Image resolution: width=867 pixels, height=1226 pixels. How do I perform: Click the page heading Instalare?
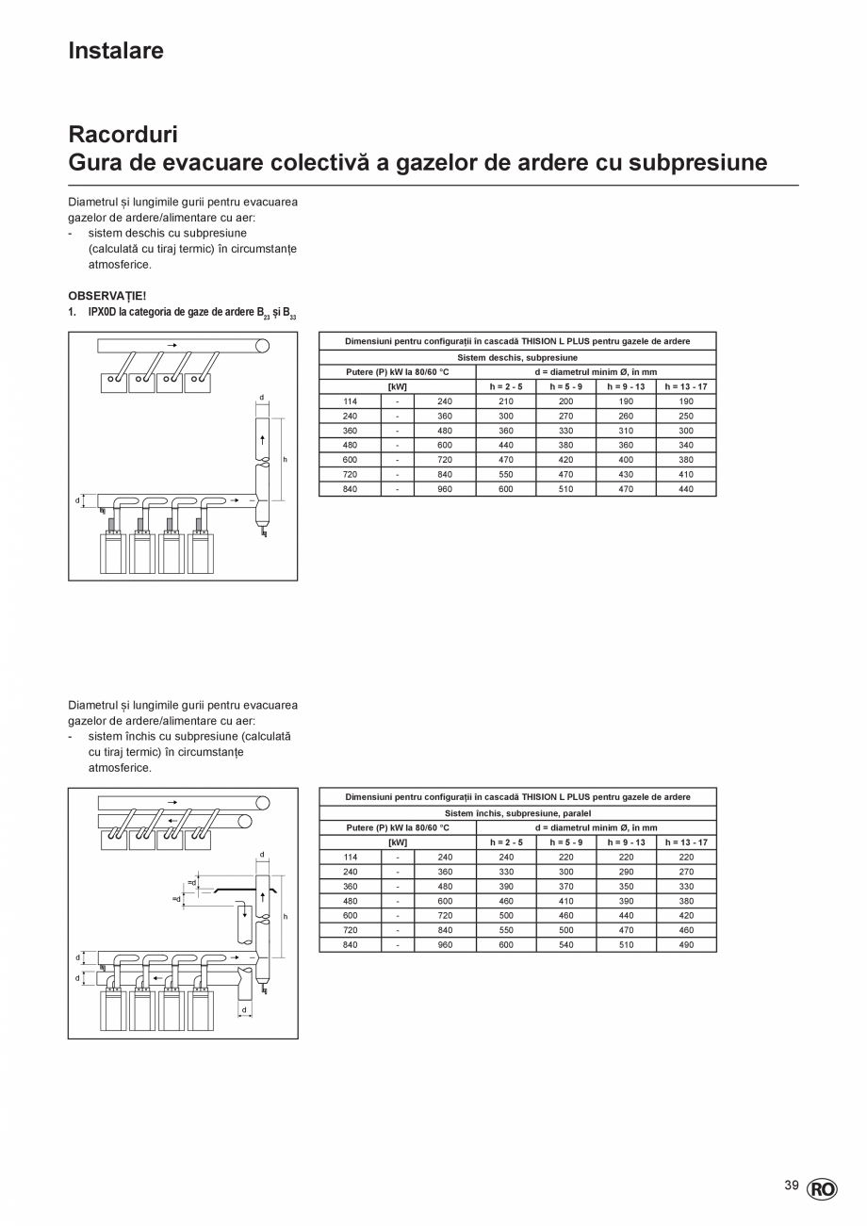point(116,50)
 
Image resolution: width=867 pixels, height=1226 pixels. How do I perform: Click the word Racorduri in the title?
point(123,135)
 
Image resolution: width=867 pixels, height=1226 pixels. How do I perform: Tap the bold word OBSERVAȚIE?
point(107,296)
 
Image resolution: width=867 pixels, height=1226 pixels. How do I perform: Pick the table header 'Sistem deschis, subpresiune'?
point(517,358)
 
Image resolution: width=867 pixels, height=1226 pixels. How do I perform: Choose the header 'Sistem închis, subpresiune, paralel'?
point(517,813)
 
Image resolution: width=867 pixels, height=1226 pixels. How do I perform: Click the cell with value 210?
point(506,401)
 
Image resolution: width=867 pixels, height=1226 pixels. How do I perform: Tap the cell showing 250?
point(686,416)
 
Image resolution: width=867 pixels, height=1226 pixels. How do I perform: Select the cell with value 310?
point(626,431)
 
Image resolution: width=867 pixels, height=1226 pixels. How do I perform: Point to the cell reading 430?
point(626,475)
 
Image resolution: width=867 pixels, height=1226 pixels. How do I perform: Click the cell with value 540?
point(566,944)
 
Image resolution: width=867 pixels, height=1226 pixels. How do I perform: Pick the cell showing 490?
point(686,944)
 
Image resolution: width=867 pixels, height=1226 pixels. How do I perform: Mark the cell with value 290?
point(626,872)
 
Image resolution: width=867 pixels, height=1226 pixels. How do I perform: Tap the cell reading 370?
point(566,887)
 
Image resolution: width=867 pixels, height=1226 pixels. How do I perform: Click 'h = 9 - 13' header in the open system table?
point(626,387)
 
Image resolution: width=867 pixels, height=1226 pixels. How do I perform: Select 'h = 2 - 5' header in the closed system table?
point(506,842)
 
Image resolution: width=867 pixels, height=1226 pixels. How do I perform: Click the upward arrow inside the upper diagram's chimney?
point(263,439)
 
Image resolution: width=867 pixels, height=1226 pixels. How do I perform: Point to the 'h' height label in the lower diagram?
point(286,917)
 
